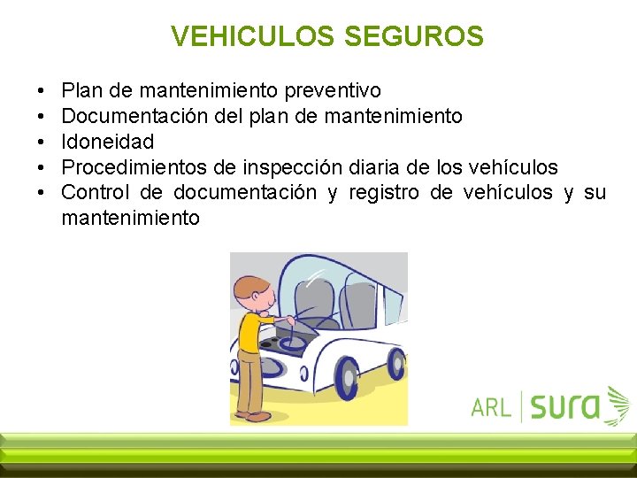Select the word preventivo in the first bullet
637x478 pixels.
[x=331, y=90]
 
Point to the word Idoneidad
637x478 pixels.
[x=108, y=142]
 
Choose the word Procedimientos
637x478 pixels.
[x=140, y=167]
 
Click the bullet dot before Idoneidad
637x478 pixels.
[x=42, y=143]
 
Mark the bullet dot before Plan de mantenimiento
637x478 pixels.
[x=42, y=91]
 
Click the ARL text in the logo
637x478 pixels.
[x=491, y=406]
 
